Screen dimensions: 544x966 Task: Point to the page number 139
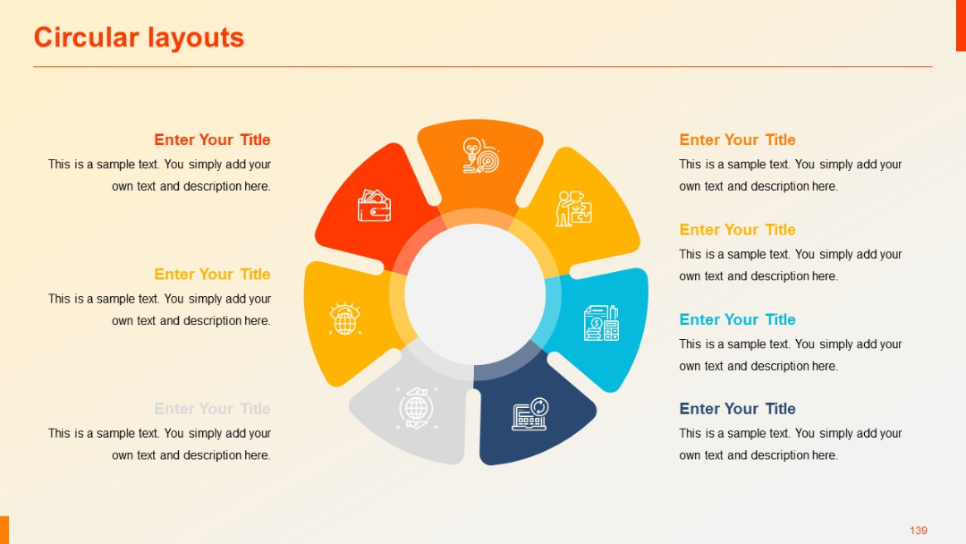pyautogui.click(x=919, y=531)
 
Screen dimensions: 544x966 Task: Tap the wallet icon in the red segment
pyautogui.click(x=374, y=206)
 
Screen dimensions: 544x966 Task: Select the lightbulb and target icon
pyautogui.click(x=480, y=155)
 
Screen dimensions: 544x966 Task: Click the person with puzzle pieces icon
pyautogui.click(x=573, y=208)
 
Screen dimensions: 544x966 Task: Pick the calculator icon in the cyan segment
pyautogui.click(x=601, y=323)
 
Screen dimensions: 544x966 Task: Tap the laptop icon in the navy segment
pyautogui.click(x=530, y=413)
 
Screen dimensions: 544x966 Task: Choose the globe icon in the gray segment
pyautogui.click(x=416, y=407)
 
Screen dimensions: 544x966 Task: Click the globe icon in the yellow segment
pyautogui.click(x=344, y=319)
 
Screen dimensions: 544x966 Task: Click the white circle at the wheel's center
pyautogui.click(x=475, y=295)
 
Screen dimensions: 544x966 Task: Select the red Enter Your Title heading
pyautogui.click(x=212, y=140)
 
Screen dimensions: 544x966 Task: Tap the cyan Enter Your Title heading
pyautogui.click(x=737, y=319)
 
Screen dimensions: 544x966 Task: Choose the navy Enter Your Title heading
pyautogui.click(x=737, y=409)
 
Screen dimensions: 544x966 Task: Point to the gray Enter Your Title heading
pyautogui.click(x=212, y=409)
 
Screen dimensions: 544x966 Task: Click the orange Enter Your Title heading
pyautogui.click(x=737, y=140)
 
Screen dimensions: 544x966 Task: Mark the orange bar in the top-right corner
pyautogui.click(x=961, y=25)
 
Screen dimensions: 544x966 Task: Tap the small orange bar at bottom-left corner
pyautogui.click(x=4, y=530)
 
